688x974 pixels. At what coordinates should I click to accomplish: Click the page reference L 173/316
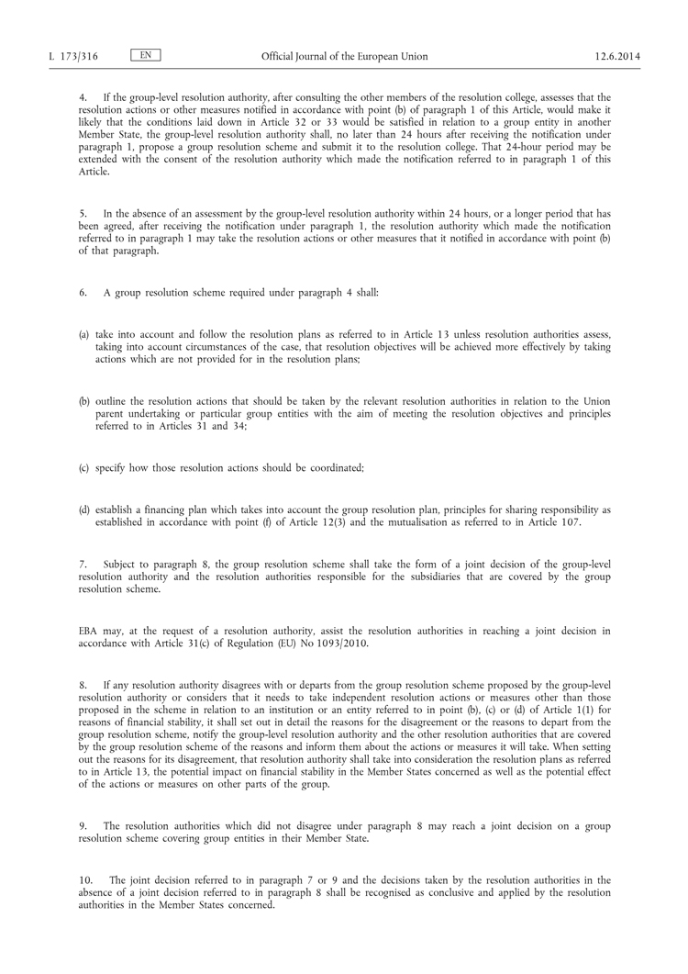[x=73, y=56]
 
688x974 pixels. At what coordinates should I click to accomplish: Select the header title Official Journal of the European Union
[x=343, y=56]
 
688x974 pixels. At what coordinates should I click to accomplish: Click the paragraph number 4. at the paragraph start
[x=83, y=96]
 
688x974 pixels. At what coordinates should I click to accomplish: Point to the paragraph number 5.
[x=83, y=213]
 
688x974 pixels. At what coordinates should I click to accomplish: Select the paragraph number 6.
[x=83, y=292]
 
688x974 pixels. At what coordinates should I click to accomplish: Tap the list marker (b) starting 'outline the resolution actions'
[x=84, y=402]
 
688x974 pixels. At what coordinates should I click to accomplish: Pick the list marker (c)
[x=84, y=468]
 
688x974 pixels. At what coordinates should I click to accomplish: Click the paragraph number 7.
[x=83, y=563]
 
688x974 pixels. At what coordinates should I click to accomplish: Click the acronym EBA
[x=89, y=629]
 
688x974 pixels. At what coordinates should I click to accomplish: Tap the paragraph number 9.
[x=83, y=825]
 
